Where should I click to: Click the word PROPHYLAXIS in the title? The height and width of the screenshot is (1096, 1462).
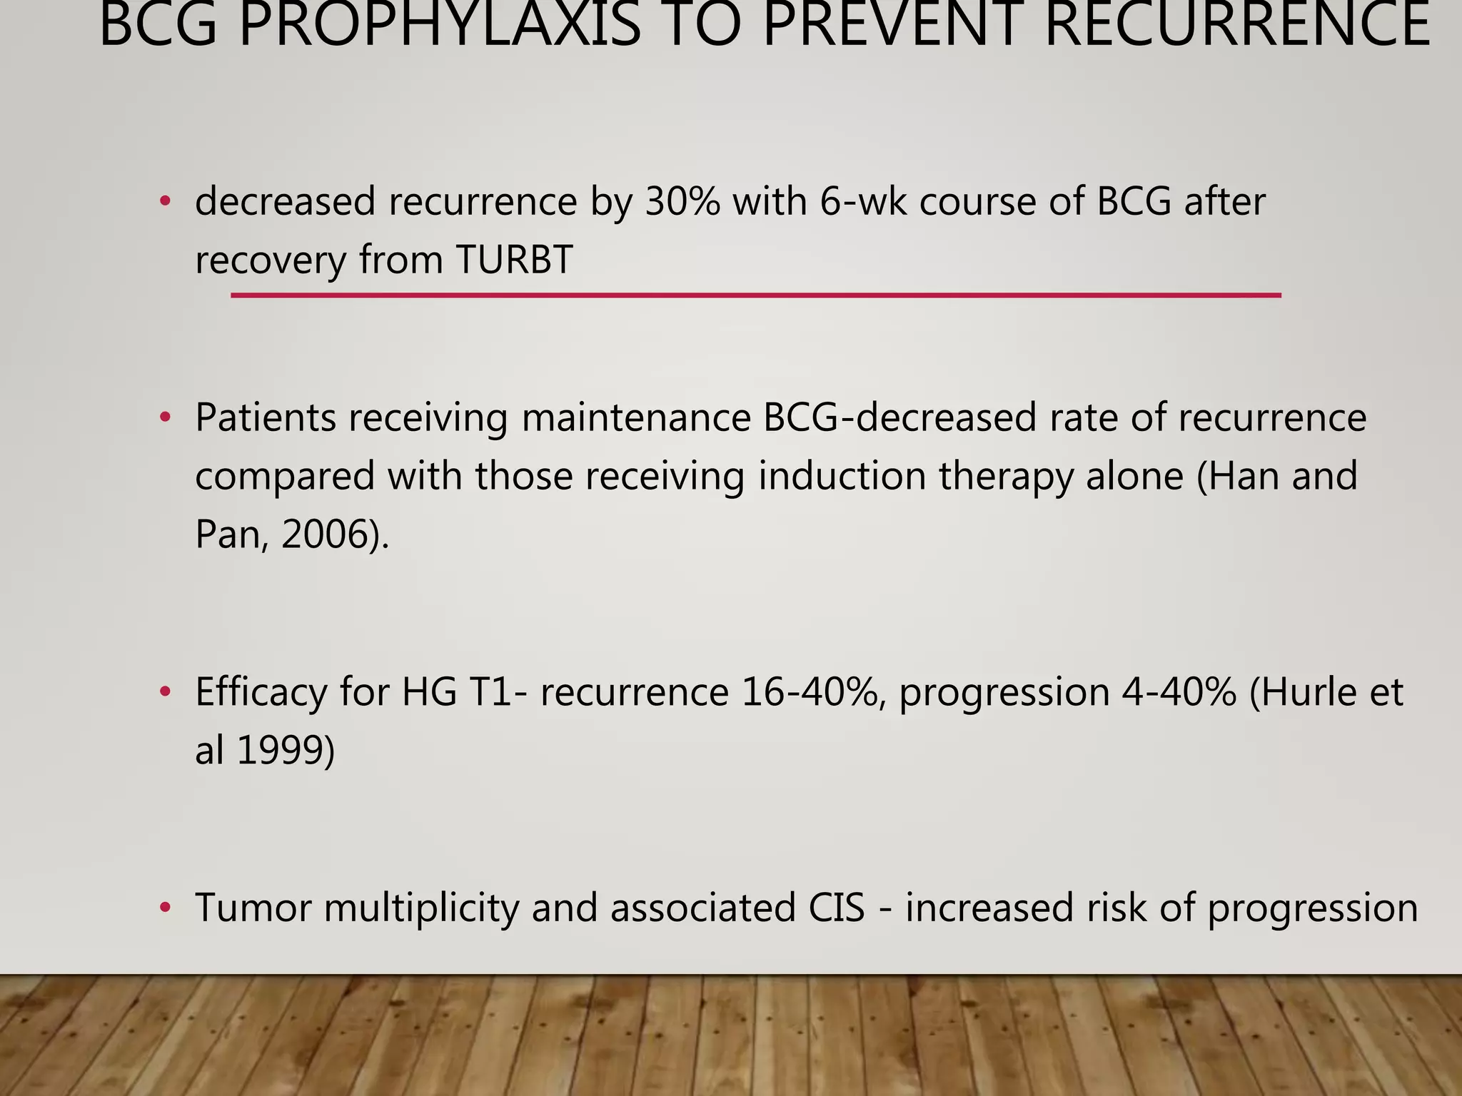point(440,26)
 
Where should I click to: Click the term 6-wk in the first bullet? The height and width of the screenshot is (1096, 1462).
point(863,201)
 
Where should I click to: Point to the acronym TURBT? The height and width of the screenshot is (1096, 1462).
point(514,259)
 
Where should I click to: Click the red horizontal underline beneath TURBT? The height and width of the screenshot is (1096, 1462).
point(755,295)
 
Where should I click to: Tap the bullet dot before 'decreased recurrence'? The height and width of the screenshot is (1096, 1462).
point(166,202)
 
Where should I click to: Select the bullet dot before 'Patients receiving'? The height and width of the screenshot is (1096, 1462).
point(166,418)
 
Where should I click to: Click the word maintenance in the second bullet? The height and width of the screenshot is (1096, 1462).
point(635,418)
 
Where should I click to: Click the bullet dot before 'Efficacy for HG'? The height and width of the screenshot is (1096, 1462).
point(166,692)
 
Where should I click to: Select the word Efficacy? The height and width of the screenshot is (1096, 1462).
point(261,692)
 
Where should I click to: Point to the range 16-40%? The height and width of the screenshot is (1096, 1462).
point(810,692)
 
